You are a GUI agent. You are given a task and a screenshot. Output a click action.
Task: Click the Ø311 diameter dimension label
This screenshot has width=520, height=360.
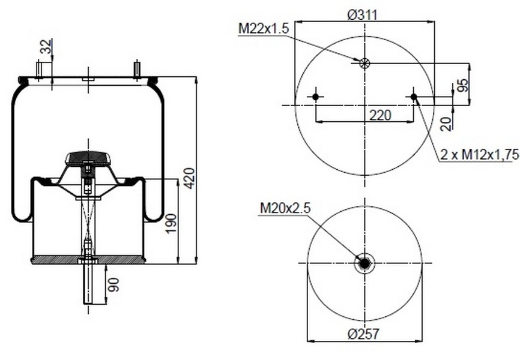tap(363, 15)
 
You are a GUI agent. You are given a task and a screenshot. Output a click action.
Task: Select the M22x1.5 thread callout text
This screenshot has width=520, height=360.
tap(264, 29)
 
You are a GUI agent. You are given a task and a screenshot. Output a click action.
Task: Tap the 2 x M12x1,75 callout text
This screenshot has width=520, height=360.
tap(480, 154)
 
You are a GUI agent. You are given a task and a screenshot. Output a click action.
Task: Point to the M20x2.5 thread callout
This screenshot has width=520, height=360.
tap(285, 208)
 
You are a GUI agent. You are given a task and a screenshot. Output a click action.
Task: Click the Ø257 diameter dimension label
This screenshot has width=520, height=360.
tap(363, 334)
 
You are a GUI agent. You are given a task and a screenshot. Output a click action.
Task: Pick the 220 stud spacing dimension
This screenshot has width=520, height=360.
tap(380, 115)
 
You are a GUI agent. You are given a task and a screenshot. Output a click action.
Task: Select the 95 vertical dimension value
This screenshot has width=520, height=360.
tap(464, 85)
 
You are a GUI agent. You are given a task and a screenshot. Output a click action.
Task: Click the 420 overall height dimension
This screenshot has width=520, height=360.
tap(189, 178)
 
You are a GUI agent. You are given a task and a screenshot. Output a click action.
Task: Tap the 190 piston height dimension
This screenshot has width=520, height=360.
tap(171, 223)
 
